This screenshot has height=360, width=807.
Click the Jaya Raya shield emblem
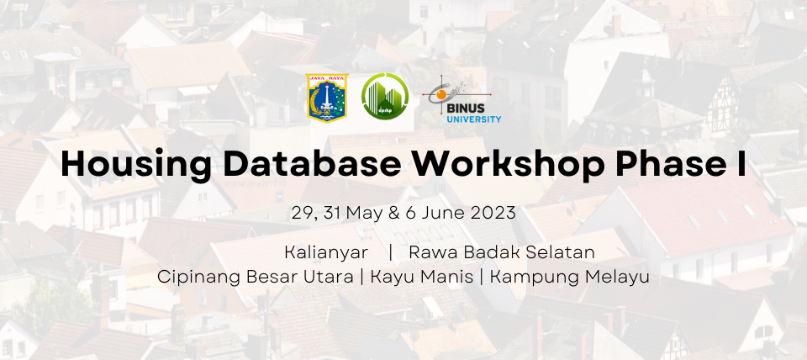tap(327, 98)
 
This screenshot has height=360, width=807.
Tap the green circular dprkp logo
tap(385, 97)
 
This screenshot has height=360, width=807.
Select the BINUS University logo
tap(462, 100)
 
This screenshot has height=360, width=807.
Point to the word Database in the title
tap(313, 164)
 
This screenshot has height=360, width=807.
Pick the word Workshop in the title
tap(509, 165)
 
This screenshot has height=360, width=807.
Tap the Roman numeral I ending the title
tap(741, 164)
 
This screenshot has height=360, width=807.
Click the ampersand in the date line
tap(394, 213)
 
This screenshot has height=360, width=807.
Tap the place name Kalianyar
tap(326, 253)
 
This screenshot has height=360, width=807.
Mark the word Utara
tap(329, 277)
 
